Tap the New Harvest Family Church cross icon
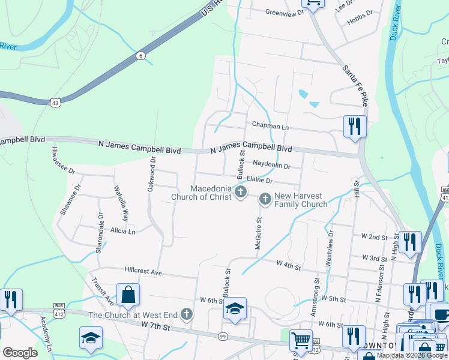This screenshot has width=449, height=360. tap(265, 199)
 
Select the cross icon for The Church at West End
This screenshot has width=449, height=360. tap(187, 314)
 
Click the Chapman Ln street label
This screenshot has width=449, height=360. tap(270, 127)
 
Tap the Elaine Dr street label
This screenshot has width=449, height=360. tap(260, 180)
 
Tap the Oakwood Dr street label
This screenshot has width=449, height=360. tap(151, 175)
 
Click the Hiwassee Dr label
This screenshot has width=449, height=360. tap(63, 160)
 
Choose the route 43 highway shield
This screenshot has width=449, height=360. tap(55, 103)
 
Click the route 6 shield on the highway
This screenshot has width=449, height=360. tap(140, 56)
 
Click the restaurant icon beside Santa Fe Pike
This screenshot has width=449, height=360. tap(355, 127)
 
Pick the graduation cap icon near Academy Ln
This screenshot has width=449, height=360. tap(91, 338)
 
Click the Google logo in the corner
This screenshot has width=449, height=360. tap(20, 353)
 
